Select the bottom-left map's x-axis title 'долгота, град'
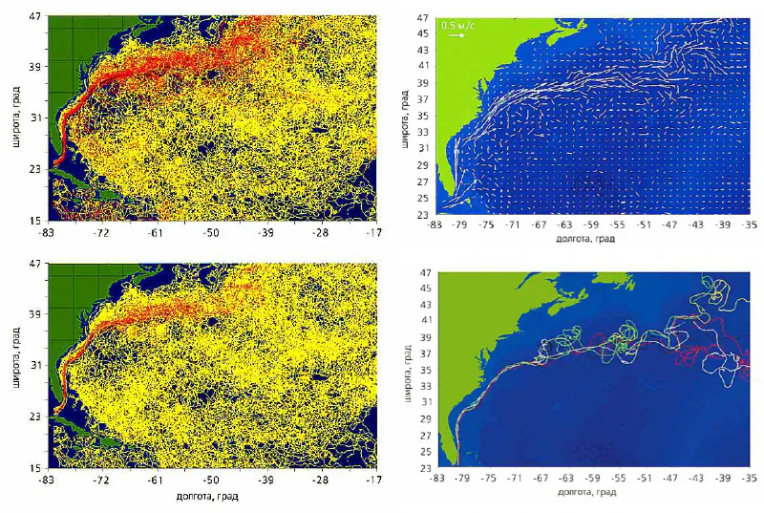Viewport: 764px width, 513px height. [x=210, y=497]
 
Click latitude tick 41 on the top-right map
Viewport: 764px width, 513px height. [x=423, y=66]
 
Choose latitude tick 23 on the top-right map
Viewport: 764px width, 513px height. [x=423, y=213]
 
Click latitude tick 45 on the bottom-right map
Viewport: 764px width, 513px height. [x=423, y=288]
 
